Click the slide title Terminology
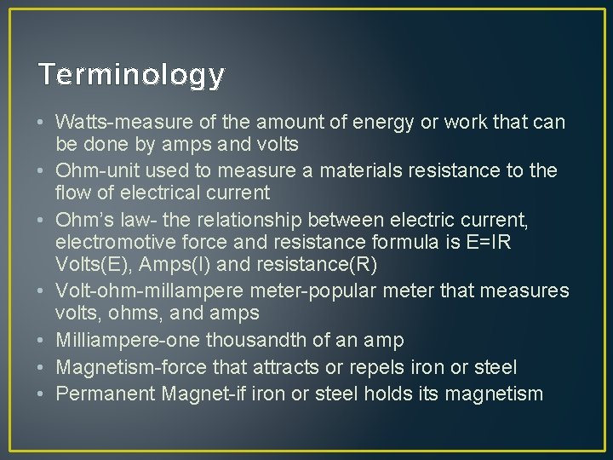131,75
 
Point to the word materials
347,170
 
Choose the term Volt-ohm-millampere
141,291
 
